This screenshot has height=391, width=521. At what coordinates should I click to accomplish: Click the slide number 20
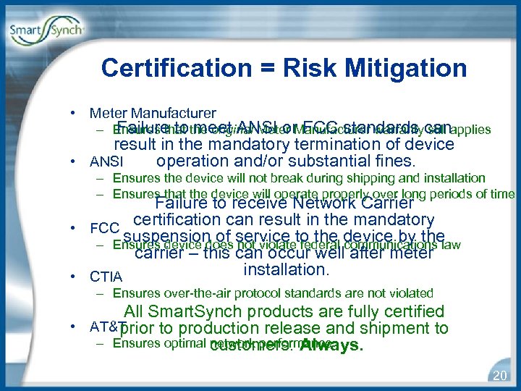tap(499, 375)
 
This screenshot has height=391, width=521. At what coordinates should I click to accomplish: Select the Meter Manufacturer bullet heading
tap(152, 113)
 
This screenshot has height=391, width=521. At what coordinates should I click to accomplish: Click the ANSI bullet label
tap(106, 161)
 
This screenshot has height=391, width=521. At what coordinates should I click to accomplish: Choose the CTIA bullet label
tap(106, 277)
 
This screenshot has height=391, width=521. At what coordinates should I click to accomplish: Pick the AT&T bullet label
tap(108, 326)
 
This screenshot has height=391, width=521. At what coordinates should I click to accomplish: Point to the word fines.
tap(392, 161)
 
